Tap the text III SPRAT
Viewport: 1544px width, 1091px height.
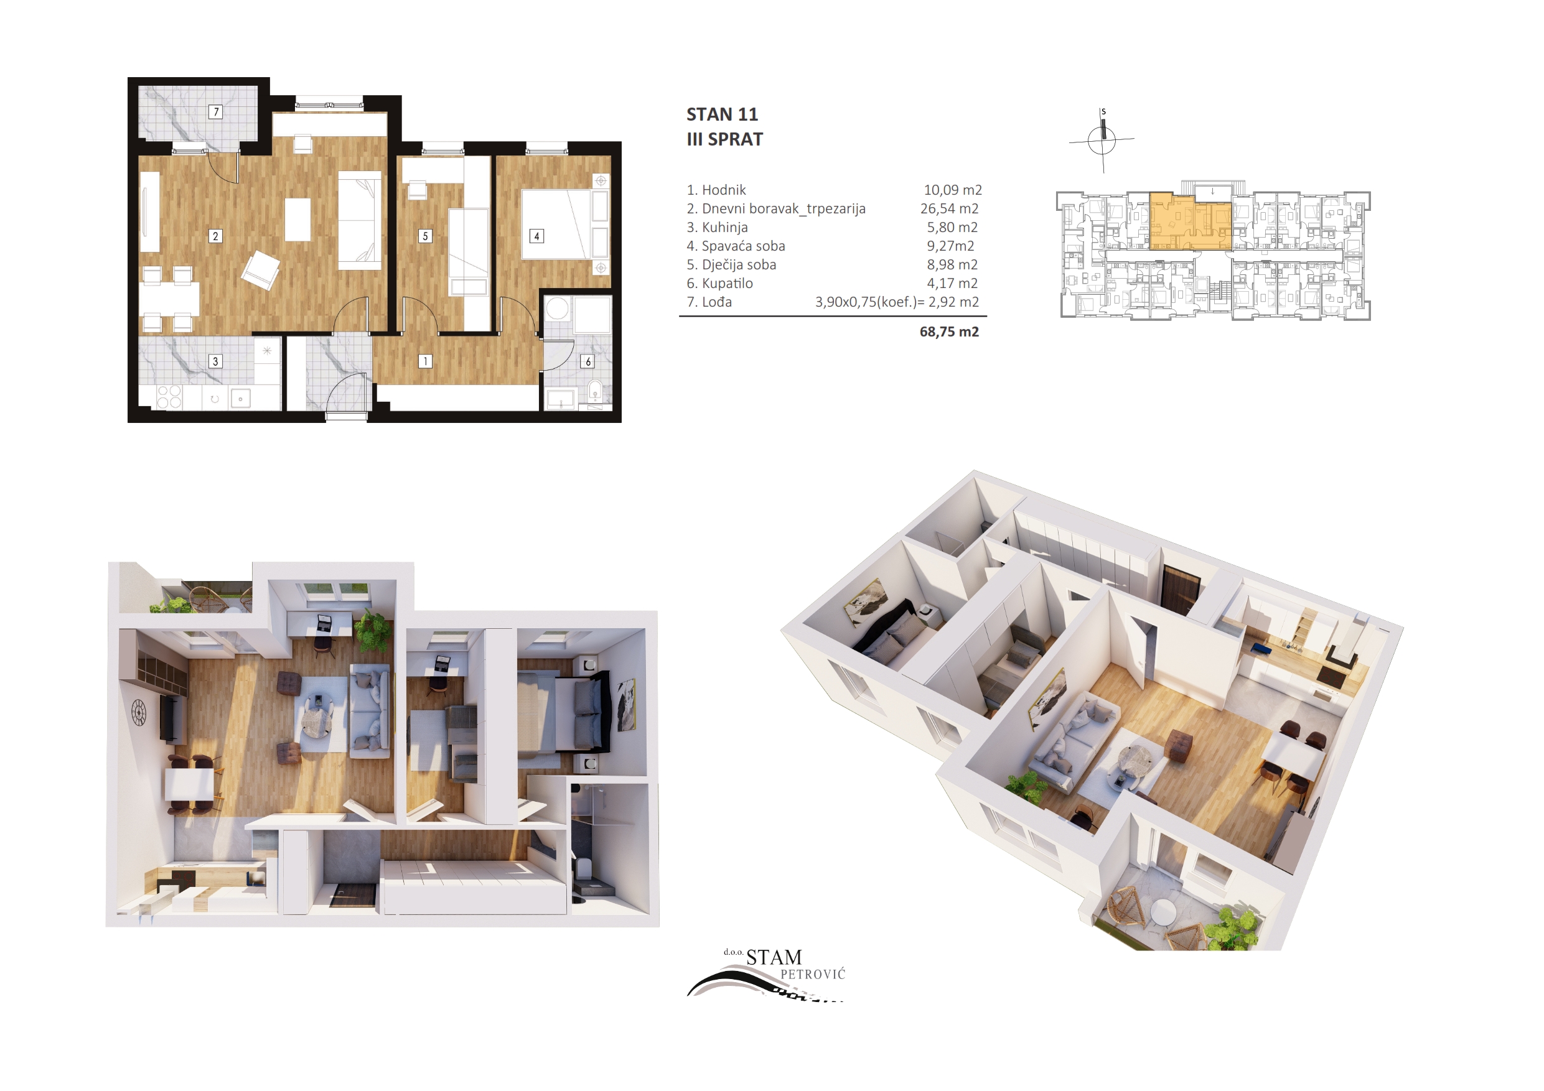pos(724,139)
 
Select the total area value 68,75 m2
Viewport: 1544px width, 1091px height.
pos(949,332)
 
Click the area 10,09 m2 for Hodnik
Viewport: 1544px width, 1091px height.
pos(952,190)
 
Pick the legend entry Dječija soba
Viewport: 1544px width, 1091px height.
pos(731,265)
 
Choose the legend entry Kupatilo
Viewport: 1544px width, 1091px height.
pos(719,284)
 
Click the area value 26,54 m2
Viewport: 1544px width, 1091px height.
pos(949,209)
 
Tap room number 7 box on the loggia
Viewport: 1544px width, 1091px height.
pos(215,111)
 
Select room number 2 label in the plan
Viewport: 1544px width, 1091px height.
pos(215,236)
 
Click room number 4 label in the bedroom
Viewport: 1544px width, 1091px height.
pos(536,236)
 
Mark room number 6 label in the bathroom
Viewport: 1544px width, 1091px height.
pos(587,361)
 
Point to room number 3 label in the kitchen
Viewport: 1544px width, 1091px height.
pos(215,361)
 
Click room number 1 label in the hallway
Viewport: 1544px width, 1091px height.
pos(425,361)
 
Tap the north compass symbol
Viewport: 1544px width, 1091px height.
pos(1102,140)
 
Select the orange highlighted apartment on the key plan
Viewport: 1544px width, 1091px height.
pos(1191,222)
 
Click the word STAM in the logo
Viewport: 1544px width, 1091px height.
pos(774,957)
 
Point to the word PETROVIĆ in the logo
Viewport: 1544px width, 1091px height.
pos(812,974)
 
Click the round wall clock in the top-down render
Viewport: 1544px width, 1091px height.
pos(139,713)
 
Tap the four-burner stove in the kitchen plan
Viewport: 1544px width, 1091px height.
pos(169,397)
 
